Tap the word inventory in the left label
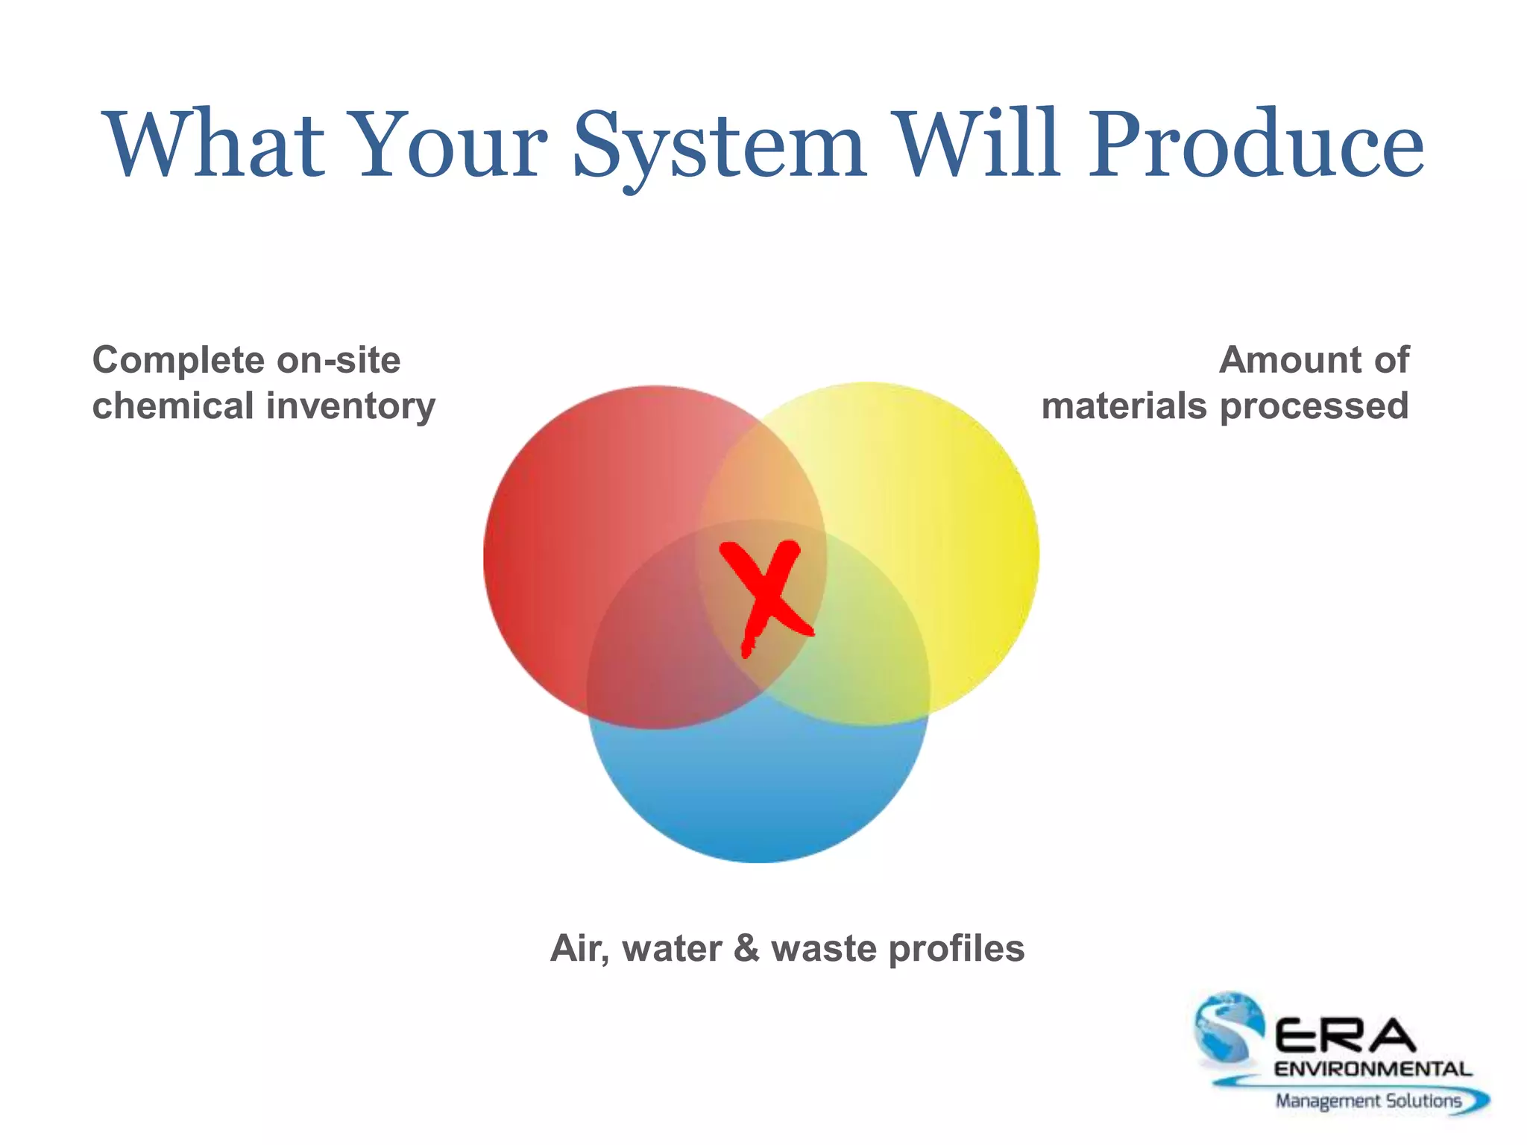coord(350,407)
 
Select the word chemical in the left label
coord(173,407)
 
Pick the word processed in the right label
coord(1314,407)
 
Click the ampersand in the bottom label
coord(747,949)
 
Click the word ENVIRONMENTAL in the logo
coord(1373,1070)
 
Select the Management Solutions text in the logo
coord(1368,1101)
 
